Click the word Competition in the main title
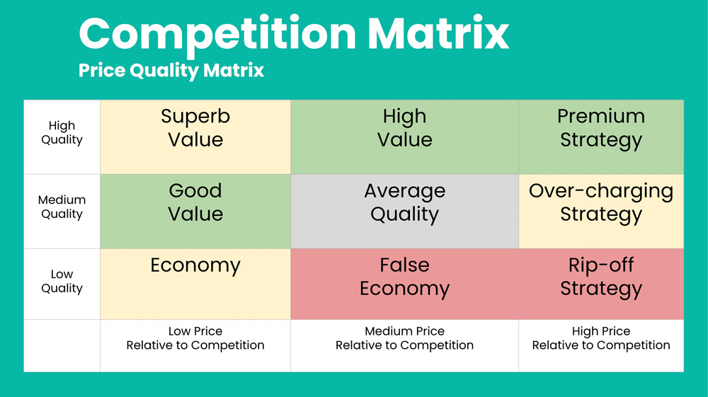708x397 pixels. pos(217,35)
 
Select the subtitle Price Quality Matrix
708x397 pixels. pos(171,71)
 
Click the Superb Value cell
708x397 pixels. pos(195,137)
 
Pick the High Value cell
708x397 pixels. pos(404,137)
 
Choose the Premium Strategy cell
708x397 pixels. pos(601,137)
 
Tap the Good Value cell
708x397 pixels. pos(195,212)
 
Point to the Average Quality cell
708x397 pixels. pos(404,212)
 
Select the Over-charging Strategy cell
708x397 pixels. pos(601,212)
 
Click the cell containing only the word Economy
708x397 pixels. pos(195,284)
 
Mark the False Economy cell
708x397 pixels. pos(404,284)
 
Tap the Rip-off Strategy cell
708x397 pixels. pos(601,284)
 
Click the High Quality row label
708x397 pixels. pos(62,132)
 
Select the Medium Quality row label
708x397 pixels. pos(62,207)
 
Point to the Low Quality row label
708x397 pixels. pos(62,282)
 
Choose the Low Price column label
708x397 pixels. pos(195,338)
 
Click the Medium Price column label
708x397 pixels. pos(404,338)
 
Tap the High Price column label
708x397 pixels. pos(601,338)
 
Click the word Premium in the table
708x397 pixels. pos(601,116)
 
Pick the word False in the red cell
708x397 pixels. pos(404,265)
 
